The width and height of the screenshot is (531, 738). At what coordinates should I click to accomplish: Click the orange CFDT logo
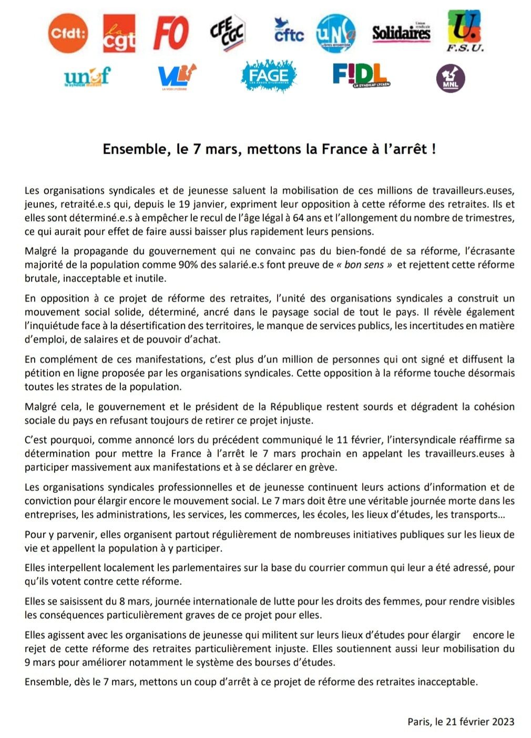tap(68, 34)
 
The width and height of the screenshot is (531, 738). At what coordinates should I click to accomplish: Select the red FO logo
tap(170, 33)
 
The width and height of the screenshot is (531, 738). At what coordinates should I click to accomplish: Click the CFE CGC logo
tap(228, 33)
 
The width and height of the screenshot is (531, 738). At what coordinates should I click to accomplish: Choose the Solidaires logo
tap(401, 33)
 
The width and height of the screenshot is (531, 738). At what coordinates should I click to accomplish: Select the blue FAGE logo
tap(269, 76)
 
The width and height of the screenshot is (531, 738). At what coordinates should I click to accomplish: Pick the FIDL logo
tap(361, 75)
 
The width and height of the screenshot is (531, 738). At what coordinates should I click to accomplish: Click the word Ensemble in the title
tap(134, 149)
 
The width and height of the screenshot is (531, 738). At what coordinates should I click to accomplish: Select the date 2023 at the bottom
tap(503, 722)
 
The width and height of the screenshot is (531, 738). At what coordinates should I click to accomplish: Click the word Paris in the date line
tap(419, 722)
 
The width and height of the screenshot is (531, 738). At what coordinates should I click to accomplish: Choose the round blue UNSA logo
tap(336, 33)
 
